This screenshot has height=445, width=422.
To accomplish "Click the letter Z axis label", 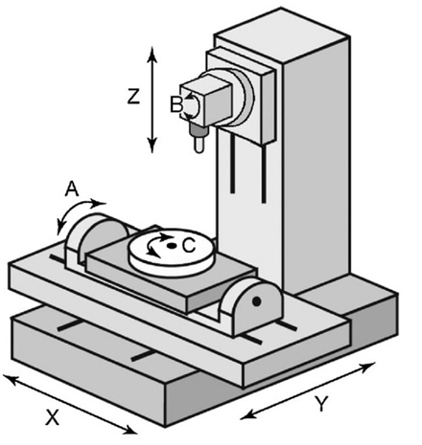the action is pyautogui.click(x=133, y=97).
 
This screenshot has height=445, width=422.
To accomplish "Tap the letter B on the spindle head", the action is pyautogui.click(x=176, y=104).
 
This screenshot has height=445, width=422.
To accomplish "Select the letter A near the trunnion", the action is pyautogui.click(x=72, y=189).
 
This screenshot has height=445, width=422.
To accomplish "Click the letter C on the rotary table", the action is pyautogui.click(x=189, y=246).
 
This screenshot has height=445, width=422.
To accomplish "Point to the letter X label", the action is pyautogui.click(x=53, y=417).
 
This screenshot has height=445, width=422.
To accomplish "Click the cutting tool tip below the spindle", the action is pyautogui.click(x=199, y=149).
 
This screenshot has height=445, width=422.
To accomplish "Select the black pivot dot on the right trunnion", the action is pyautogui.click(x=256, y=301).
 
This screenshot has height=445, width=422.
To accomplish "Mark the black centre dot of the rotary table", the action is pyautogui.click(x=172, y=246).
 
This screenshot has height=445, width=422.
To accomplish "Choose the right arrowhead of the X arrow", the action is pyautogui.click(x=130, y=431).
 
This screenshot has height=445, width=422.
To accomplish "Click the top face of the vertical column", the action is pyautogui.click(x=281, y=33).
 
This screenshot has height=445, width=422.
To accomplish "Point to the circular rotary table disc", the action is pyautogui.click(x=172, y=252).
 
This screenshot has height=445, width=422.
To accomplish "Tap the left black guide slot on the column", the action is pyautogui.click(x=233, y=164).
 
